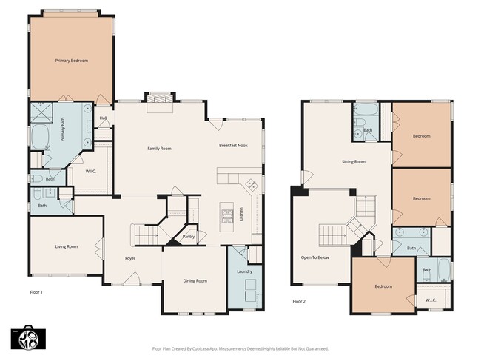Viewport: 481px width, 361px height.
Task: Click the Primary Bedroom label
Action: [x=72, y=60]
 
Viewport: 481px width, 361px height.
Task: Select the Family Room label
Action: [x=159, y=149]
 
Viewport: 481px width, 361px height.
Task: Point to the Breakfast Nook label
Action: [x=233, y=146]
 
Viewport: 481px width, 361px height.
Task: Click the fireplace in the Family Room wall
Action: [x=159, y=101]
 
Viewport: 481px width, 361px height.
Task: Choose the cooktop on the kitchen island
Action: [x=226, y=216]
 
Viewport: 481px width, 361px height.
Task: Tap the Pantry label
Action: [x=189, y=237]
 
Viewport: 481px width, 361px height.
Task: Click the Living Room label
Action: [x=67, y=246]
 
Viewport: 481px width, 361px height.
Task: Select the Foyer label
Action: [x=130, y=258]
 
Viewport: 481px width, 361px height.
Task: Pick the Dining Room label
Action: [x=195, y=280]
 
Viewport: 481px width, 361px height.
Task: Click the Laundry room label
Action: [x=245, y=271]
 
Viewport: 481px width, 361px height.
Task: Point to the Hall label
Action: [x=104, y=118]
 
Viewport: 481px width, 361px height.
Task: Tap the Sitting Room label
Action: [x=353, y=161]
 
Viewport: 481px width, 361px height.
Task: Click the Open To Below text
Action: [x=314, y=257]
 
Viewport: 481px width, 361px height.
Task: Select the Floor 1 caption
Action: [x=36, y=292]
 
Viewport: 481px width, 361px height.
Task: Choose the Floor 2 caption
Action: [x=299, y=301]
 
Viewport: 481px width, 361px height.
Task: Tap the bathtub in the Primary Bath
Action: [x=39, y=138]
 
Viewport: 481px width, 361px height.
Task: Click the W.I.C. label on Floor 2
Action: [x=430, y=300]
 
